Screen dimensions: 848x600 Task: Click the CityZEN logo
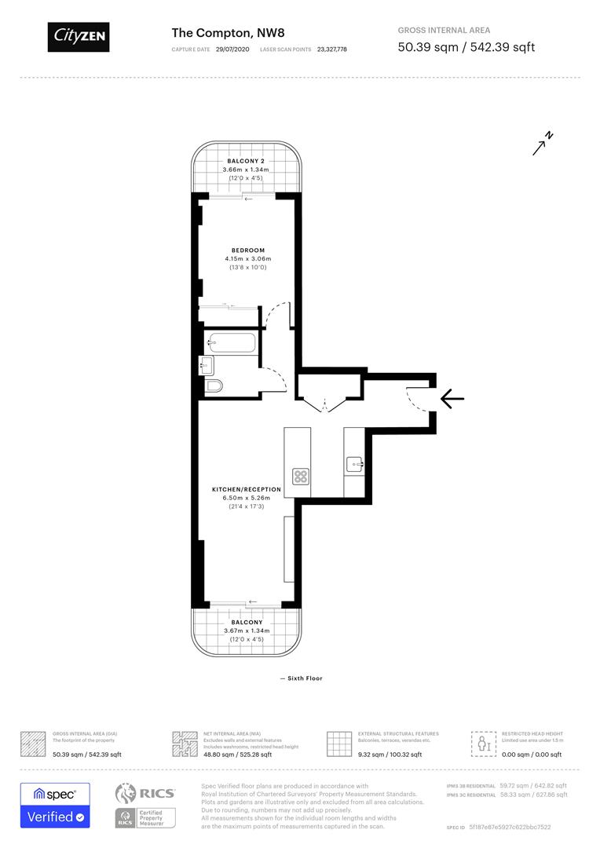[x=78, y=37]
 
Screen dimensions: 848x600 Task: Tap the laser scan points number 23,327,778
[x=331, y=49]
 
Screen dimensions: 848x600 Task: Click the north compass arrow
[x=542, y=144]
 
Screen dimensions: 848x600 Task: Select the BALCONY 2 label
[x=246, y=160]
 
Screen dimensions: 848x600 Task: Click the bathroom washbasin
[x=207, y=364]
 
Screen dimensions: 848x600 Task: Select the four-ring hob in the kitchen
[x=301, y=476]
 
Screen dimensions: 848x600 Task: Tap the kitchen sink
[x=354, y=465]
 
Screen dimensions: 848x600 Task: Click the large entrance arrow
[x=452, y=399]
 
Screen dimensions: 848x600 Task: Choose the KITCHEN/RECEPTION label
[x=246, y=489]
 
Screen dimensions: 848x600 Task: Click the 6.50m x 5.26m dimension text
[x=246, y=498]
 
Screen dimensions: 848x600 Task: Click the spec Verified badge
[x=55, y=806]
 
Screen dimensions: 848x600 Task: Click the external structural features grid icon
[x=338, y=744]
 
